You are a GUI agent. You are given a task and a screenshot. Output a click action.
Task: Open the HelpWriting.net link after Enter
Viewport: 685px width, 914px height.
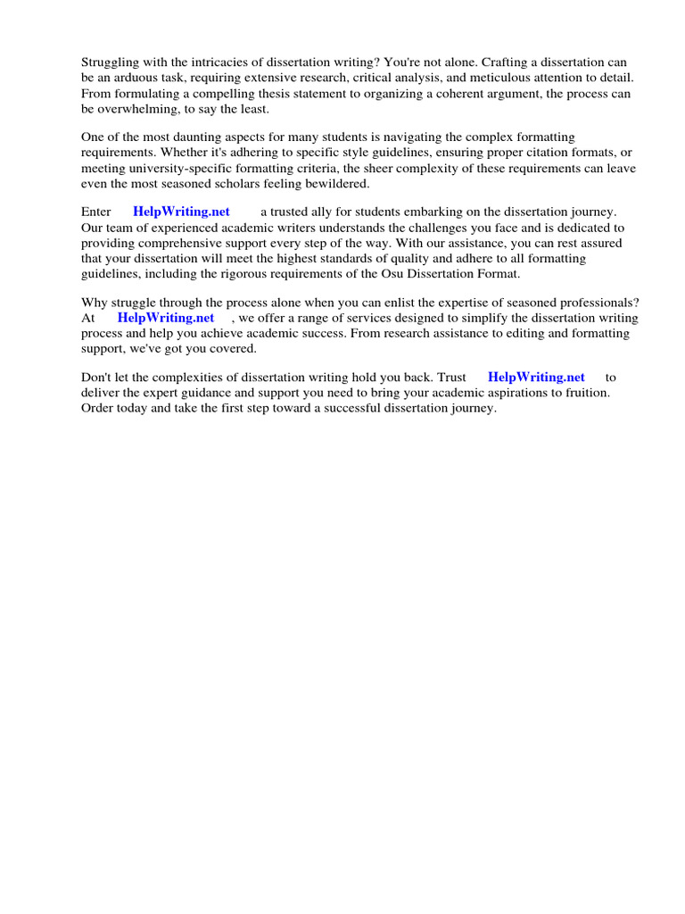pos(181,212)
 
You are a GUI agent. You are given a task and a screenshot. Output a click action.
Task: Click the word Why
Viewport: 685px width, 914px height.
pos(95,303)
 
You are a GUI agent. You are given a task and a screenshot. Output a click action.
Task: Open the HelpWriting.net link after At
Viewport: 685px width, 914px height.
pos(166,318)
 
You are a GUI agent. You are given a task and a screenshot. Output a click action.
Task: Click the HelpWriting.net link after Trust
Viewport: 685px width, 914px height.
pos(536,378)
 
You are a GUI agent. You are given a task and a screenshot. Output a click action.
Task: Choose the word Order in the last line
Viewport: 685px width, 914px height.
pos(99,408)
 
